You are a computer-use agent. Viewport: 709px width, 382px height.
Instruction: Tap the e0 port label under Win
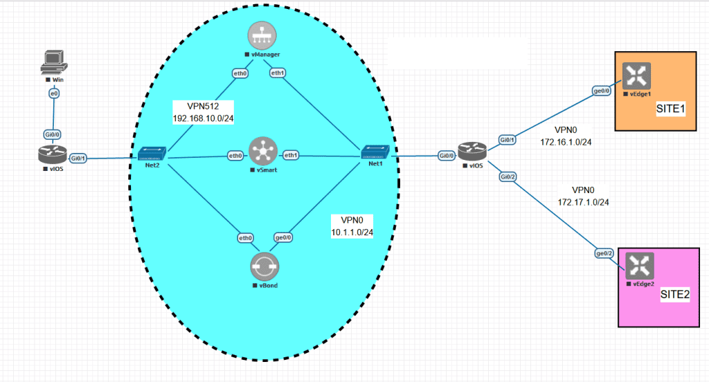pyautogui.click(x=53, y=93)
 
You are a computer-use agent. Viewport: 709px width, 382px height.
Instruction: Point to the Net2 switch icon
pyautogui.click(x=150, y=154)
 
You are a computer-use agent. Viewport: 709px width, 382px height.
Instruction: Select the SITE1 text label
pyautogui.click(x=671, y=109)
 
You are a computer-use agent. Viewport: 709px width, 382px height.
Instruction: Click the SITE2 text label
pyautogui.click(x=674, y=295)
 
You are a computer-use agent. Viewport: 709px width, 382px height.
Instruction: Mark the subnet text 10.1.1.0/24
pyautogui.click(x=353, y=232)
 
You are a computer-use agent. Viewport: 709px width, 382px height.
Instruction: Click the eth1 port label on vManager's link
pyautogui.click(x=278, y=72)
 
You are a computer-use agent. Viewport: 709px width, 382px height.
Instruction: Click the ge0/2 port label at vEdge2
pyautogui.click(x=604, y=254)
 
